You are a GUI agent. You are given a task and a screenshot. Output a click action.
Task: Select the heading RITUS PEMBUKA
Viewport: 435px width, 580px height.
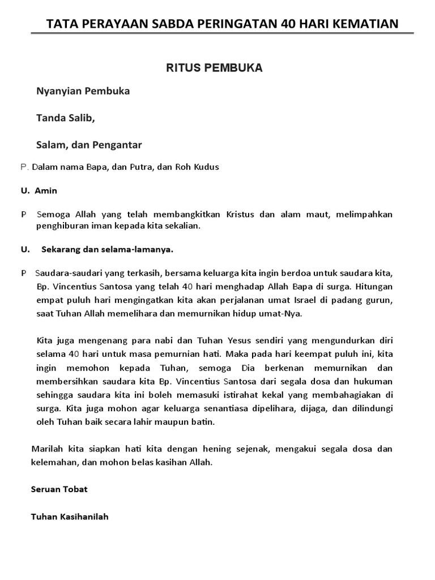point(214,68)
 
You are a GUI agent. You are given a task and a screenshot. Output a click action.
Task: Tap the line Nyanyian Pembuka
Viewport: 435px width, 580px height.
point(83,91)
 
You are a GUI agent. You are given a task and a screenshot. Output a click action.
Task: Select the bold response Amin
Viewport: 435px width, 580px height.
point(46,191)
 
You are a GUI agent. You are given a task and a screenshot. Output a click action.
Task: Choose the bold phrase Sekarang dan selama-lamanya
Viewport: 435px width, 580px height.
point(108,249)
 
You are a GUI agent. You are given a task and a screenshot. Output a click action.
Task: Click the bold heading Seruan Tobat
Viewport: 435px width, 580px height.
point(59,489)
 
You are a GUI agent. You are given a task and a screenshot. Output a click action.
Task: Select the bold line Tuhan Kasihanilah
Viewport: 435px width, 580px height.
point(70,517)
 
